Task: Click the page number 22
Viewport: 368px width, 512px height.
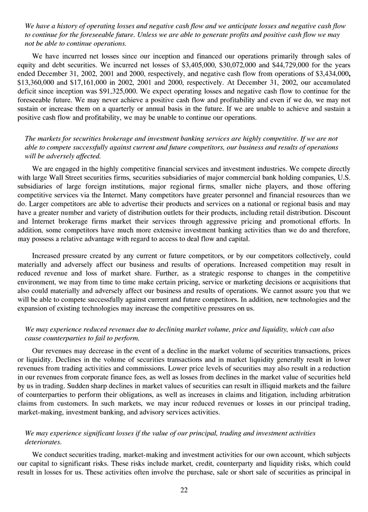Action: pos(184,490)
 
